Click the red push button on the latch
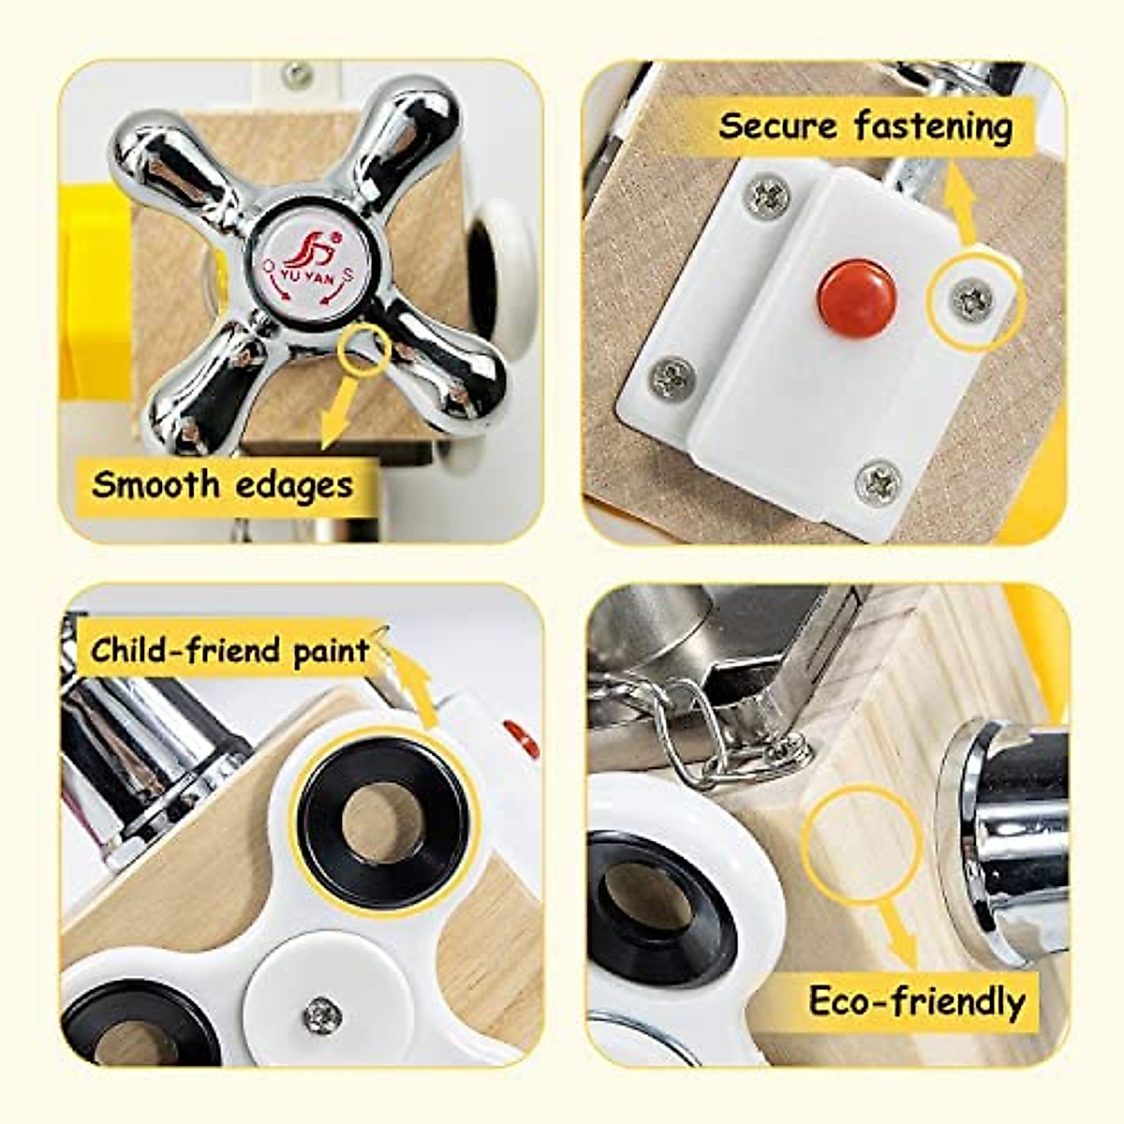coord(856,297)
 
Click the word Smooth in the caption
coord(155,485)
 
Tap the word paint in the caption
coord(332,650)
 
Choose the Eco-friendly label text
coord(917,1001)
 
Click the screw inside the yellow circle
coord(974,300)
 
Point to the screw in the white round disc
coord(321,1013)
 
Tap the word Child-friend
coord(186,650)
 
